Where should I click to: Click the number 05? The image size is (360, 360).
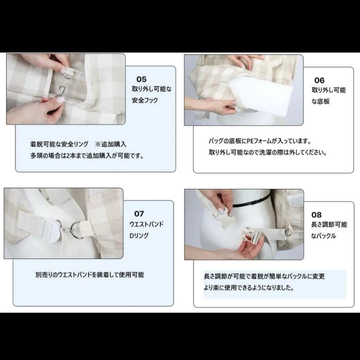coord(141,79)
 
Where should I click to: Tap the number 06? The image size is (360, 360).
coord(319,80)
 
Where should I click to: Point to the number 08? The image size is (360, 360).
coord(316,215)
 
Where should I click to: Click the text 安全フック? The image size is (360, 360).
coord(145,100)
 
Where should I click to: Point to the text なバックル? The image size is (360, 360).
coord(324,236)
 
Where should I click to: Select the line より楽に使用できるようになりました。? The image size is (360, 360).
coord(249,288)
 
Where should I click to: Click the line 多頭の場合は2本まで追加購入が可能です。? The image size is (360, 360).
coord(87,156)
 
